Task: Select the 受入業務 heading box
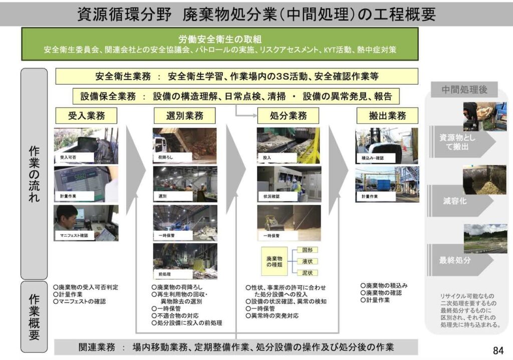click(86, 116)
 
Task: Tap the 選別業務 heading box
click(185, 116)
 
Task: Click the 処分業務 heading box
click(288, 116)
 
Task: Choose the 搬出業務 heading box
click(387, 116)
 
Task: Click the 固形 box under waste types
click(307, 250)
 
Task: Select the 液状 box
click(307, 261)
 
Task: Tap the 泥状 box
click(307, 273)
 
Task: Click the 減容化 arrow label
click(454, 201)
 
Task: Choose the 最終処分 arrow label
click(454, 260)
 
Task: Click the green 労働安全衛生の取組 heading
click(220, 39)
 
